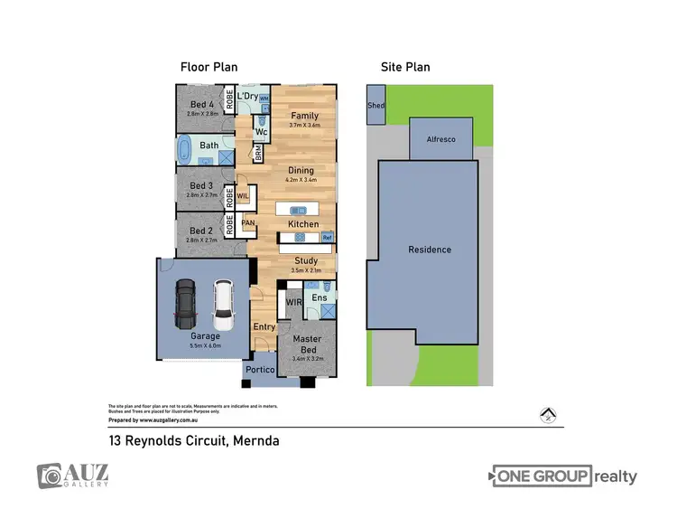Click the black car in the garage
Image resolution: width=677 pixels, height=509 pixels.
pos(185,304)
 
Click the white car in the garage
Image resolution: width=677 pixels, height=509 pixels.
pos(223,306)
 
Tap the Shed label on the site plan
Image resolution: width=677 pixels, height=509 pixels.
pos(376,106)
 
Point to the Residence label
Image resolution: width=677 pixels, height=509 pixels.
pos(429,250)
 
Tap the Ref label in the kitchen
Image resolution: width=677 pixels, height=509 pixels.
pos(328,238)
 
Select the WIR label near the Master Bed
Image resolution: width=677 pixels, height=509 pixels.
pos(294,302)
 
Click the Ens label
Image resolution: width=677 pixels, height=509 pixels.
pos(320,297)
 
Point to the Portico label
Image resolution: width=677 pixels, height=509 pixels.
pos(262,370)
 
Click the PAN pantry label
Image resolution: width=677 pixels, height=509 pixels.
pos(247,222)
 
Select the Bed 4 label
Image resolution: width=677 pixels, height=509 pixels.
pos(202,105)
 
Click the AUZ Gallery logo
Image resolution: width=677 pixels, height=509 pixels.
pos(72,476)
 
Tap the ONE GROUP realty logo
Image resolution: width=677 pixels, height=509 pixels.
pos(564,476)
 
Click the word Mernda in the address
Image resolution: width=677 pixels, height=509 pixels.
pos(255,441)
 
